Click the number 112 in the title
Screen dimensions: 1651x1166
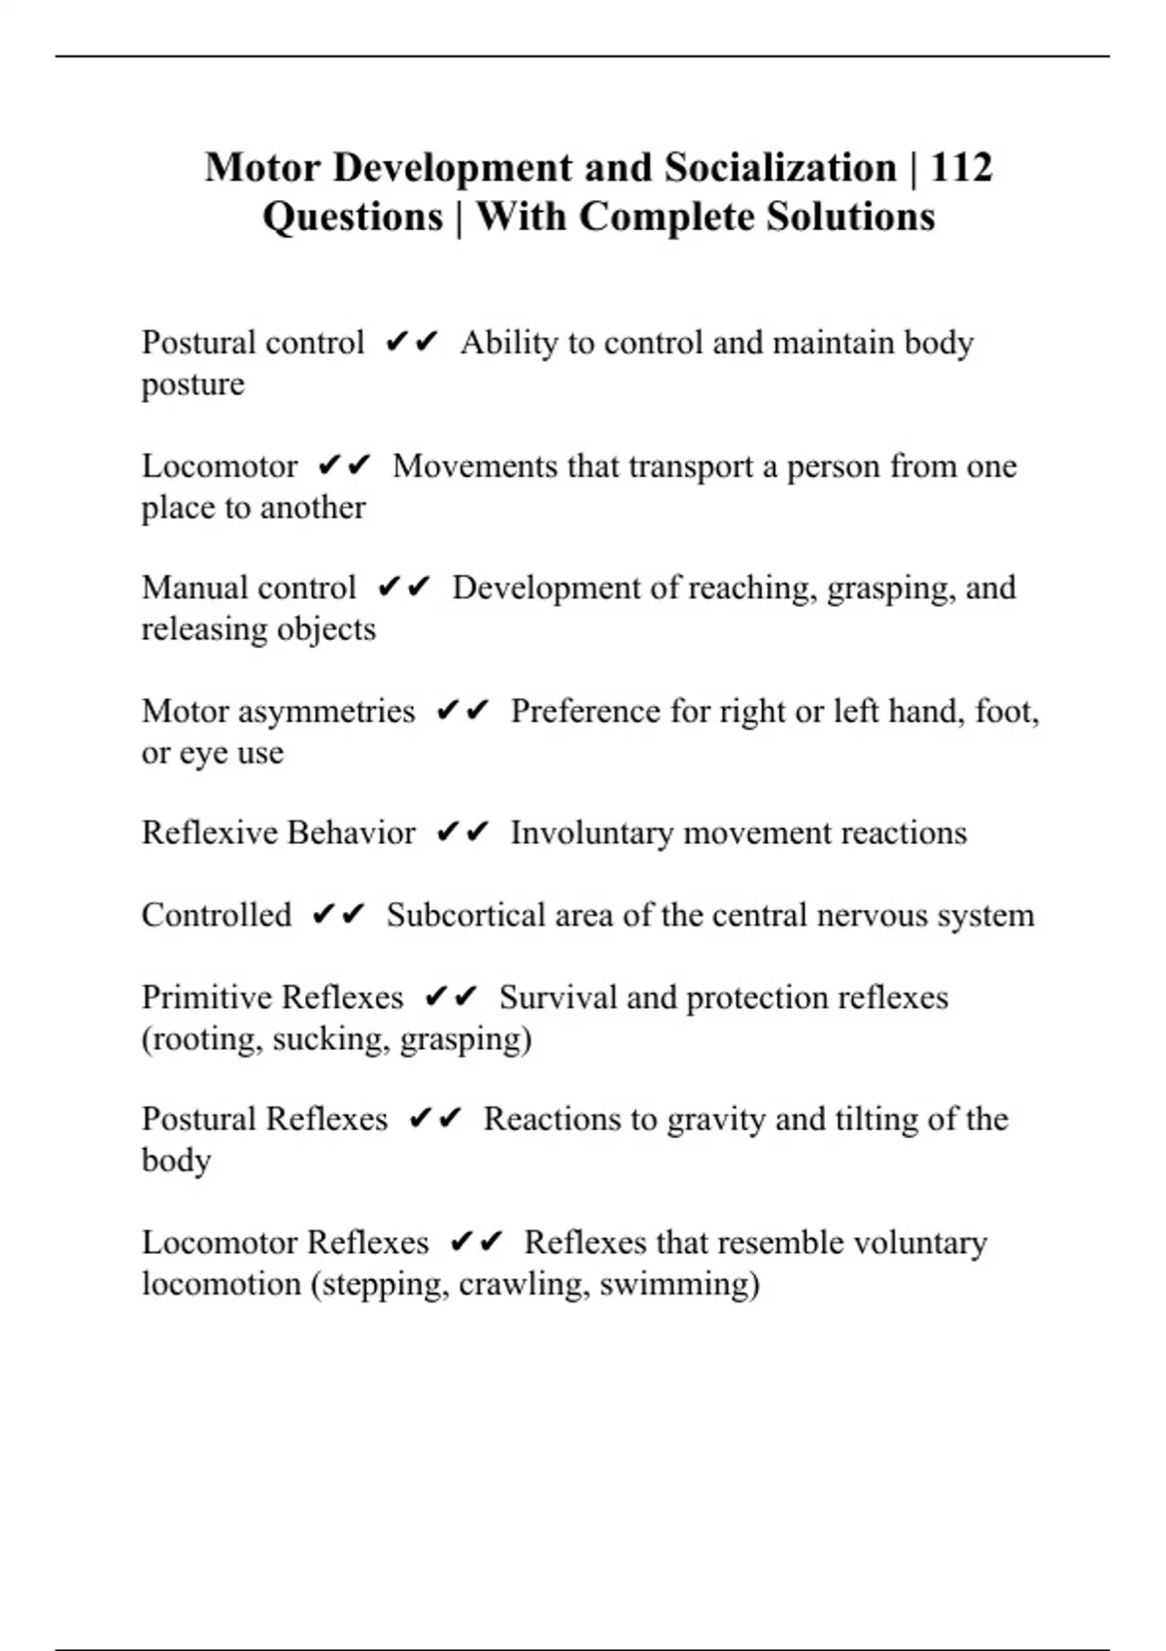(x=961, y=168)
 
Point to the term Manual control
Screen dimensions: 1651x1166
(x=249, y=589)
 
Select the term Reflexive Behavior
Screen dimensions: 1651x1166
(x=278, y=833)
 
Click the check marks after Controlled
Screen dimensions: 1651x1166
(x=338, y=915)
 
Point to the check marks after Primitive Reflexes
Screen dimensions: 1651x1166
(x=451, y=997)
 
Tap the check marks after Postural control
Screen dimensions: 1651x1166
(x=412, y=342)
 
